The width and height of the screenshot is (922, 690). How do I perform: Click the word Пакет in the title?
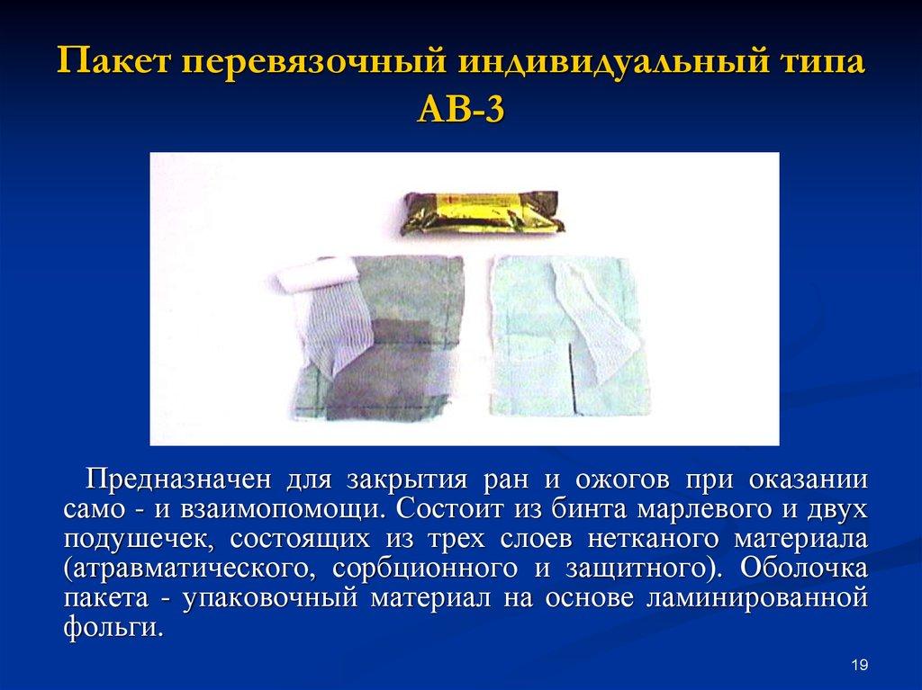[114, 68]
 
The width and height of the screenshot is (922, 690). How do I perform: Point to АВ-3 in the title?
[460, 115]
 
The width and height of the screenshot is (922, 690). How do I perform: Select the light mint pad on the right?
[540, 360]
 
